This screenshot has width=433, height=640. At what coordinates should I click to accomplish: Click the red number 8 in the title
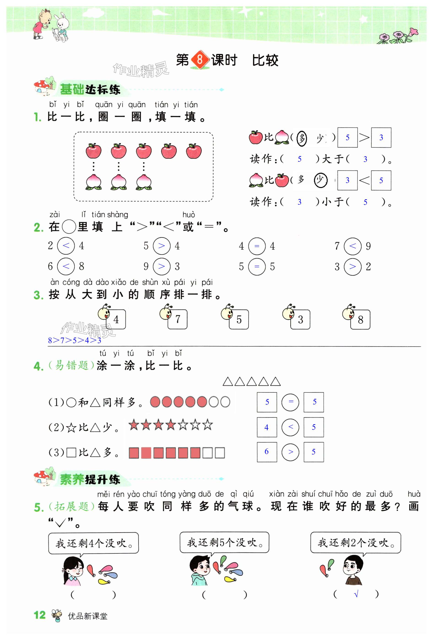coord(200,59)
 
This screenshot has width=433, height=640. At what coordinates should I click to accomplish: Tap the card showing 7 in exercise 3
coord(177,319)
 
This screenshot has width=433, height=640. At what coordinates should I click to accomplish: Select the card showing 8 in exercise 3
coord(360,320)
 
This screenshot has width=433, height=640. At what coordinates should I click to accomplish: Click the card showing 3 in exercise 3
coord(300,320)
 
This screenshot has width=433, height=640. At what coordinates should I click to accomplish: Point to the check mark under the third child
coord(356,595)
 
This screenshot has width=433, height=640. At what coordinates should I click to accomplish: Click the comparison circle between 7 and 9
coord(352,246)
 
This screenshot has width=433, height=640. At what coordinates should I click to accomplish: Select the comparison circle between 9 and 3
coord(161,266)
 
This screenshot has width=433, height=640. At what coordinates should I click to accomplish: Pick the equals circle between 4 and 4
coord(257,246)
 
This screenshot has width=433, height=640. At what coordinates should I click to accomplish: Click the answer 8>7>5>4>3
coord(74,340)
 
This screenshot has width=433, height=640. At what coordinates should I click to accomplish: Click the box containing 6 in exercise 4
coord(266,452)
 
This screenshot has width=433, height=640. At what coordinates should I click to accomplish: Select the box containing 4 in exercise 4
coord(266,427)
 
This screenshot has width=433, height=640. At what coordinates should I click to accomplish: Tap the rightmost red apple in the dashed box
coord(194,151)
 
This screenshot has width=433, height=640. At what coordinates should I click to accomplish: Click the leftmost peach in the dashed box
coord(93,182)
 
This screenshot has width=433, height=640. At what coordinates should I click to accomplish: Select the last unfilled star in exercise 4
coord(207,425)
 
